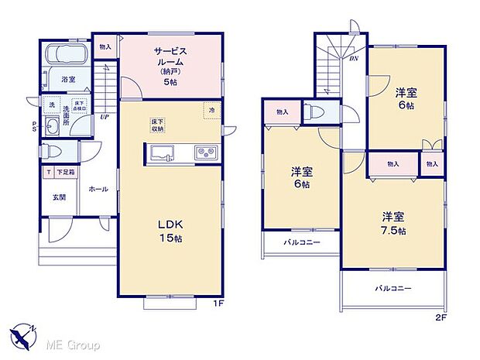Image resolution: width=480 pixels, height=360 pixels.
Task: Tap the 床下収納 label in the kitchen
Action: tap(156, 125)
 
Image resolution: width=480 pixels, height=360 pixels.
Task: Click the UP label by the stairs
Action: tap(104, 118)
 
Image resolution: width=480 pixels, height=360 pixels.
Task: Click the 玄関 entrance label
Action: tap(59, 197)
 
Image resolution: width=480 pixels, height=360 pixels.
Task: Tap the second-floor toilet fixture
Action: tap(314, 112)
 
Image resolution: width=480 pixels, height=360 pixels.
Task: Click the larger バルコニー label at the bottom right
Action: tap(394, 288)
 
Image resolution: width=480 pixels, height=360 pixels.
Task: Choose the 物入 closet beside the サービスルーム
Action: tap(105, 46)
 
